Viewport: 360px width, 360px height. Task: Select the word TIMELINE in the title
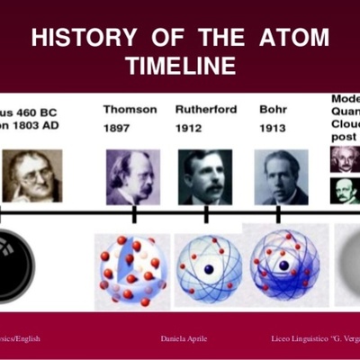(181, 66)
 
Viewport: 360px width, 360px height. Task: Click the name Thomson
(130, 110)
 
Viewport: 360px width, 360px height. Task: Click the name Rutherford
(207, 110)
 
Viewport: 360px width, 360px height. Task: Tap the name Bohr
(273, 110)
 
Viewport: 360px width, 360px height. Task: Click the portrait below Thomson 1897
(132, 176)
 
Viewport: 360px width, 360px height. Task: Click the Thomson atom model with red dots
(132, 269)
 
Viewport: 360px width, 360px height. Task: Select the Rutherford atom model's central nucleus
(208, 269)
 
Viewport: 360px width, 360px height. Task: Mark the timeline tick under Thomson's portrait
(133, 214)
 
